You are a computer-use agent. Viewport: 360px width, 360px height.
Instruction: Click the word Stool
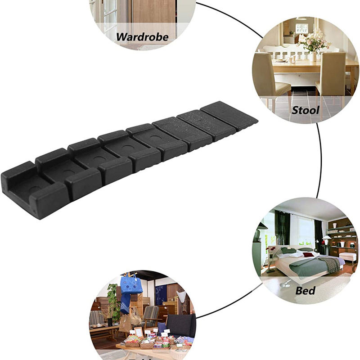306,110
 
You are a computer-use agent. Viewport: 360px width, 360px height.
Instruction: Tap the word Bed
305,290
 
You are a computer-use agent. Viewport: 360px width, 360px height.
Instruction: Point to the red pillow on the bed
308,255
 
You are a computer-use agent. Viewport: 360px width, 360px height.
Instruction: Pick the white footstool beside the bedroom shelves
347,256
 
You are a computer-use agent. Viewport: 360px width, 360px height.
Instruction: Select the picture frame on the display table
139,332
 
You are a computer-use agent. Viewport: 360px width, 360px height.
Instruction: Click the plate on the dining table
281,60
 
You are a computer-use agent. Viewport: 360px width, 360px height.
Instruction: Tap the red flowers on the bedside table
272,248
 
